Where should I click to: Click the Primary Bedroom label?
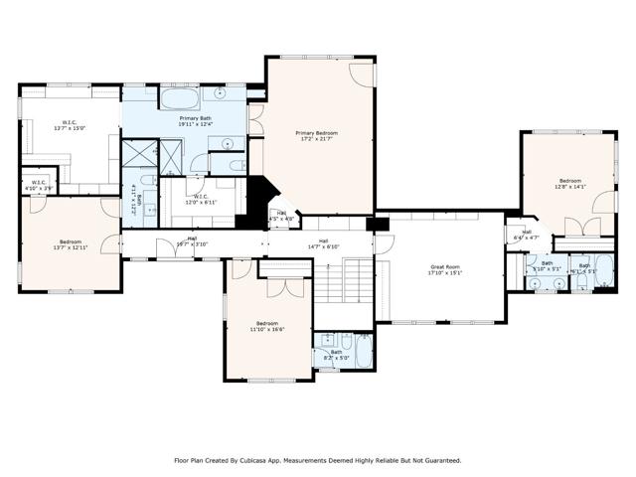(316, 135)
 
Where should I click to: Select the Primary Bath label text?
(194, 120)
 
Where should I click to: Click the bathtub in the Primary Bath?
(180, 100)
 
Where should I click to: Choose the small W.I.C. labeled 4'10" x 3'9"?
(38, 184)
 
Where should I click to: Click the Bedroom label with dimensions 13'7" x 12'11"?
(70, 244)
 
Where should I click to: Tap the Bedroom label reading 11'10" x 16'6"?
(267, 326)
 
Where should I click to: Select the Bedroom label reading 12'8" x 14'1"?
(570, 183)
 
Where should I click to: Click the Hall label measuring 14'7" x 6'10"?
(323, 242)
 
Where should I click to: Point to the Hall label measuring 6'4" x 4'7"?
(526, 236)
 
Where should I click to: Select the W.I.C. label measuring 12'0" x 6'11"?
(200, 199)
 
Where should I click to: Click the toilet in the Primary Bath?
(231, 165)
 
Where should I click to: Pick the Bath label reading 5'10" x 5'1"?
(547, 266)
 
